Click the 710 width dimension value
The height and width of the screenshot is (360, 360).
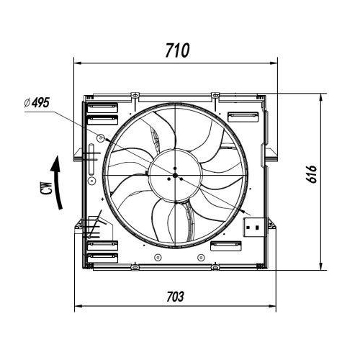tap(177, 50)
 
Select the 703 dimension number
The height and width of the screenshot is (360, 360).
tap(175, 297)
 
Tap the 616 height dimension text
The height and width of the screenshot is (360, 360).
tap(312, 174)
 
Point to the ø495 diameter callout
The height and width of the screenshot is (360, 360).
tap(37, 103)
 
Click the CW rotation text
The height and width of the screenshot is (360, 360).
tap(46, 189)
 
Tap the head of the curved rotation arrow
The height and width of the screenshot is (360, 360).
tap(56, 164)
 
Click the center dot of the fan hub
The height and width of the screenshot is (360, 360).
tap(175, 176)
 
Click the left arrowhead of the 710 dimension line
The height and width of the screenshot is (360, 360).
tap(78, 63)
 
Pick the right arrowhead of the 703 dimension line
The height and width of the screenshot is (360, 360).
tap(272, 306)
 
